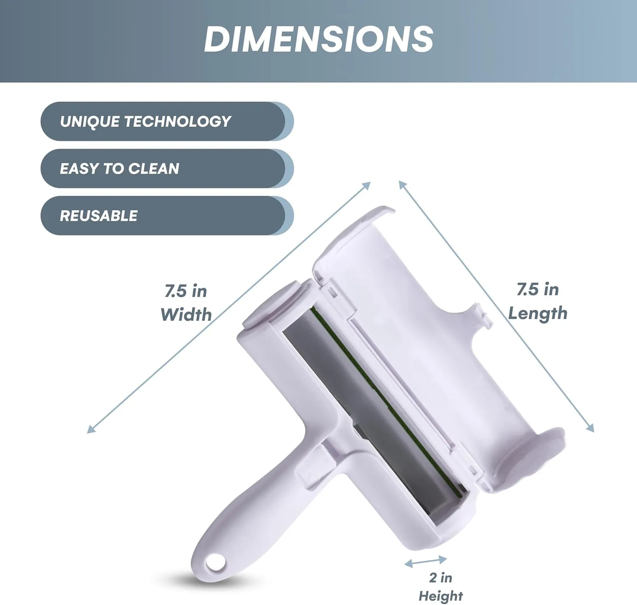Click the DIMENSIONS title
(318, 39)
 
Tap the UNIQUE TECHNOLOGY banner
(167, 121)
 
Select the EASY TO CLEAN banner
(167, 168)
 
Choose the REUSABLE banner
(167, 216)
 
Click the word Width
(186, 314)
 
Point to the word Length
(538, 314)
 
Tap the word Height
(441, 595)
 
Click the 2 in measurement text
(440, 577)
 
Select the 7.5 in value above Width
(186, 291)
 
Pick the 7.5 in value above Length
(538, 289)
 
